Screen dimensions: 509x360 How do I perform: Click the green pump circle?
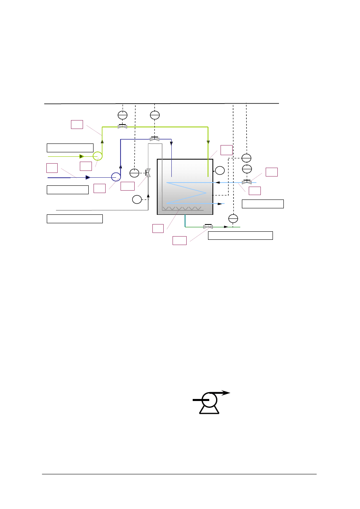(x=98, y=156)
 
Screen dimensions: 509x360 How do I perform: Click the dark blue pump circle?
(x=116, y=177)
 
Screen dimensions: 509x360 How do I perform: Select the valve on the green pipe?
(x=123, y=127)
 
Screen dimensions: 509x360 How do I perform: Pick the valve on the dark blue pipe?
(x=154, y=139)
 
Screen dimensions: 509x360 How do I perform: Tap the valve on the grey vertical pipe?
(x=148, y=172)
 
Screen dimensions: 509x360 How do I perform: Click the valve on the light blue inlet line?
(x=247, y=182)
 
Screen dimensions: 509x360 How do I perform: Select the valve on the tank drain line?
(x=208, y=226)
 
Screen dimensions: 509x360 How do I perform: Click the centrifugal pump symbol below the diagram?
(x=209, y=401)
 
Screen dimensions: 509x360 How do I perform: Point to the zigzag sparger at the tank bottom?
(x=182, y=209)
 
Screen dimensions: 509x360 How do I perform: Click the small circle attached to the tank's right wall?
(x=219, y=170)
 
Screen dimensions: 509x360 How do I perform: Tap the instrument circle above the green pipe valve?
(x=123, y=114)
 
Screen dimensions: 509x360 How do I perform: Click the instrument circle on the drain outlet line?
(x=233, y=218)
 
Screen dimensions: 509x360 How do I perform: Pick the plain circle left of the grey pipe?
(x=137, y=199)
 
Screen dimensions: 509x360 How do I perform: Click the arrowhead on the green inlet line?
(x=82, y=156)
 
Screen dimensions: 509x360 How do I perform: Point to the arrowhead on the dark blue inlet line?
(x=88, y=177)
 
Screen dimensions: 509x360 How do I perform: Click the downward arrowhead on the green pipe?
(x=208, y=142)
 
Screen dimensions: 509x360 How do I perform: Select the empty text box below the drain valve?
(x=240, y=235)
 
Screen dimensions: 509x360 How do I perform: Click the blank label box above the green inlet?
(x=70, y=147)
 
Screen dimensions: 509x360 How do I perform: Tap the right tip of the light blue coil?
(x=206, y=193)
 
